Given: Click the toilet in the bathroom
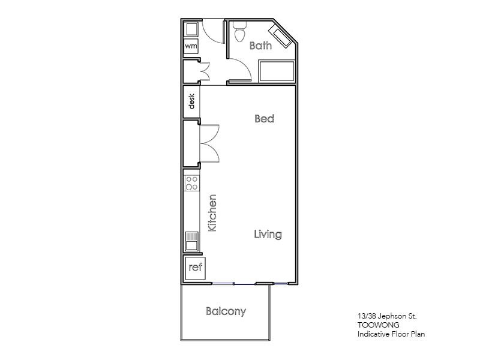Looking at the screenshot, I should coord(240,31).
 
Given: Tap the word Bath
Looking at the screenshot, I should coord(260,46).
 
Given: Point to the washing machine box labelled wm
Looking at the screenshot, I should coord(191,46).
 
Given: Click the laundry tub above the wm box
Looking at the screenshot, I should coord(191,29).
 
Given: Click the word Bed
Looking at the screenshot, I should coord(264,119).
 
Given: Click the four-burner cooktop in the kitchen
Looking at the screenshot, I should coord(192,183).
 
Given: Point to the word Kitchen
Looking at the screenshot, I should coord(212,213).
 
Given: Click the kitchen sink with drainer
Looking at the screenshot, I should coord(192,241).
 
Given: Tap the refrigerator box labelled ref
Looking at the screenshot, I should coord(195,268).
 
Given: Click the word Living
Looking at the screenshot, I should coord(267,234).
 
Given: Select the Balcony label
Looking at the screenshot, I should coord(226,311).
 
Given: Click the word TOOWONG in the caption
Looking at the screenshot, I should coord(374,325).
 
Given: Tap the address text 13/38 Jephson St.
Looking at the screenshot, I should coord(383,316).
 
